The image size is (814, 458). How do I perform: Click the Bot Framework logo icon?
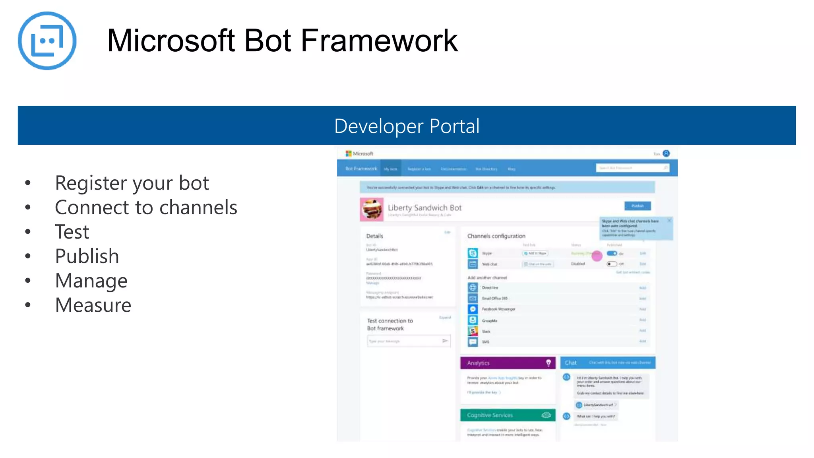pos(47,41)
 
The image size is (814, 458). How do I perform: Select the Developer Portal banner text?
pos(407,126)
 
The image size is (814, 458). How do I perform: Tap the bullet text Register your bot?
pos(132,183)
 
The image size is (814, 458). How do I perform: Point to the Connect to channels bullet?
pos(146,208)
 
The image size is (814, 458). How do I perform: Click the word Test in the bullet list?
pos(72,232)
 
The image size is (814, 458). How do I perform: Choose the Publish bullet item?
pos(87,256)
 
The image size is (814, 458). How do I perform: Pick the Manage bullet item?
pos(91,281)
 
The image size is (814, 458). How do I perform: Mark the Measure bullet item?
pos(93,305)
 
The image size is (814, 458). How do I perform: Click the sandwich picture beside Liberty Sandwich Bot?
pos(372,209)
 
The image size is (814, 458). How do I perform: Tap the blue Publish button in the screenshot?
pos(637,206)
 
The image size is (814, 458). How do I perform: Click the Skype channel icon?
pos(473,253)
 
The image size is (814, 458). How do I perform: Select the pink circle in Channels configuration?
pos(597,256)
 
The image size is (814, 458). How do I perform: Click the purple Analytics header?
pos(508,363)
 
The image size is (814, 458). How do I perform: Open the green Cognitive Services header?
pos(508,415)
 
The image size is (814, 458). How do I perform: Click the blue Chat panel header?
pos(607,363)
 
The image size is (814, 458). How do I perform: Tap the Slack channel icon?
pos(473,331)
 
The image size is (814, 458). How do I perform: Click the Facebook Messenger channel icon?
pos(473,309)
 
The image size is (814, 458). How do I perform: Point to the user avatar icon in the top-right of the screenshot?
pos(666,153)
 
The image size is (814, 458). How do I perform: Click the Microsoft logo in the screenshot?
pos(349,153)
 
